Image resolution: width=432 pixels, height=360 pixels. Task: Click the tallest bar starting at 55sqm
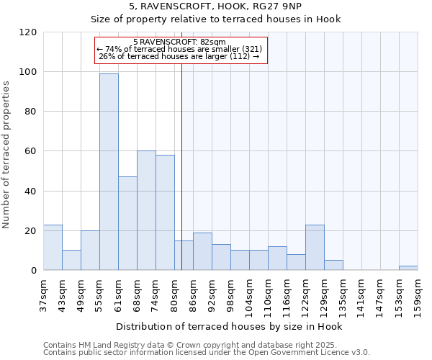pos(109,172)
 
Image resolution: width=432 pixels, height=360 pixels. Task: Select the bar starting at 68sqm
pos(146,210)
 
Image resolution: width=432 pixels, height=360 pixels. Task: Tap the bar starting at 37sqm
pos(53,247)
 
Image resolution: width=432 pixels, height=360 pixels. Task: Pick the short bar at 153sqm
pos(408,268)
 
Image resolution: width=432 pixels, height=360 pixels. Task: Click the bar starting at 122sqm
pos(315,247)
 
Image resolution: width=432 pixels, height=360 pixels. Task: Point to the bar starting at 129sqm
pos(333,265)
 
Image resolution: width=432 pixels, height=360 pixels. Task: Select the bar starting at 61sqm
pos(127,223)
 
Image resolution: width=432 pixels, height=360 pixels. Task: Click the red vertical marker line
pos(181,166)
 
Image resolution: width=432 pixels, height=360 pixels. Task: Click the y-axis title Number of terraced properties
pos(6,155)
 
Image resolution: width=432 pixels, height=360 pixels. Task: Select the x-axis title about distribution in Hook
pos(229,326)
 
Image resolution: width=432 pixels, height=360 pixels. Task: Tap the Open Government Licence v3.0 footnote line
pos(207,353)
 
